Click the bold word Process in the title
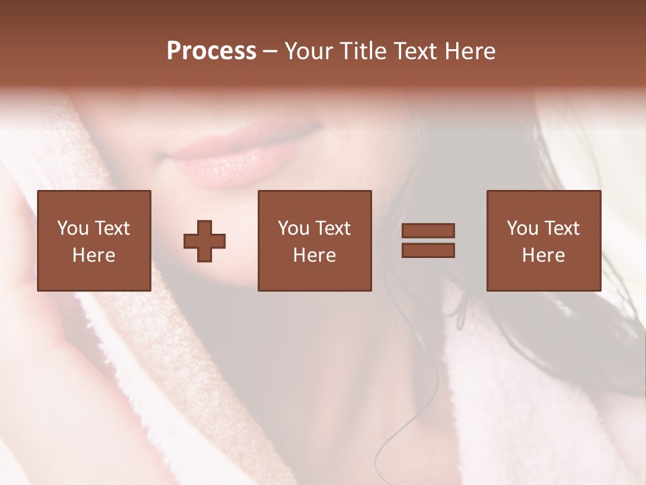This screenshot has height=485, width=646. point(211,51)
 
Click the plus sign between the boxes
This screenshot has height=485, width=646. point(205,241)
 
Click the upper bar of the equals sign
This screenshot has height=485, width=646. point(428,231)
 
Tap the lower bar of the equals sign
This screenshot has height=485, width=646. point(428,251)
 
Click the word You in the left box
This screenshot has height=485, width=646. point(72,228)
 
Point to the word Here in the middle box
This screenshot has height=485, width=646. point(314,255)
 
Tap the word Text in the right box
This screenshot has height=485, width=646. point(561,228)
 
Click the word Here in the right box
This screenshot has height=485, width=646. point(543,255)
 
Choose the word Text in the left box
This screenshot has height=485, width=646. point(111,228)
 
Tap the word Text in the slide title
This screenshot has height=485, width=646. point(414,51)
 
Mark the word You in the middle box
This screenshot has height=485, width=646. point(293,228)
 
